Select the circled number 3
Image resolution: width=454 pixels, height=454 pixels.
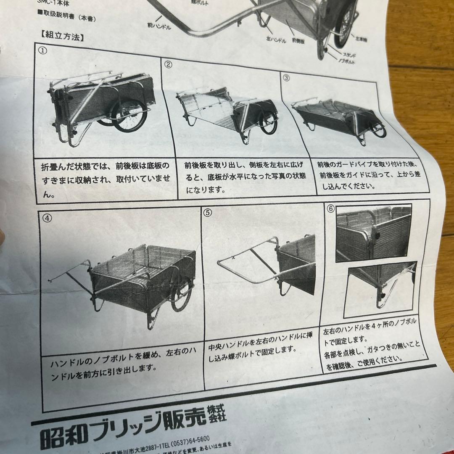coord(286,78)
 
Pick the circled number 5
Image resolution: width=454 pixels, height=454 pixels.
coord(208,213)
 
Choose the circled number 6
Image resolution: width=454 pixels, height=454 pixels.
coord(330,209)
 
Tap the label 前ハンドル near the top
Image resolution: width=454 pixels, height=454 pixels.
coord(160,26)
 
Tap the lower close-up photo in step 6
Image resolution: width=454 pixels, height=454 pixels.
coord(380,288)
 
